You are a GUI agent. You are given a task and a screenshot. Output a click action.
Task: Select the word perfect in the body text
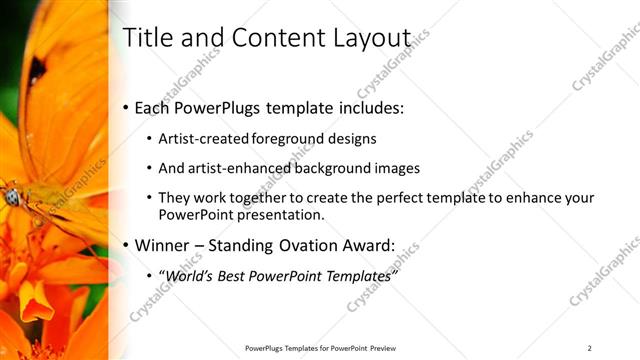pyautogui.click(x=392, y=198)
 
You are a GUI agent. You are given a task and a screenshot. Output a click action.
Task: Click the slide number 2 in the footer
pyautogui.click(x=590, y=348)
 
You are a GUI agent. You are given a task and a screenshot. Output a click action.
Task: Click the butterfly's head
pyautogui.click(x=12, y=197)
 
